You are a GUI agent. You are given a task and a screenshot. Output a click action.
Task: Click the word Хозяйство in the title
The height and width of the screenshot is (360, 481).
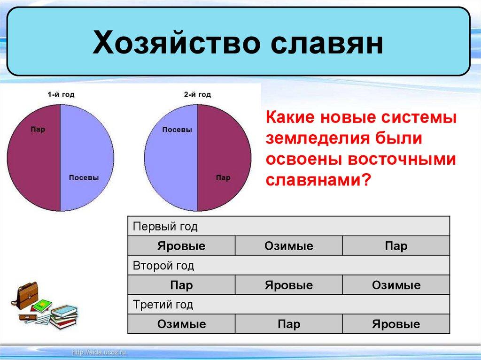[176, 42]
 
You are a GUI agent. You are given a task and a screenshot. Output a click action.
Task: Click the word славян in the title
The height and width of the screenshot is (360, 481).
[327, 42]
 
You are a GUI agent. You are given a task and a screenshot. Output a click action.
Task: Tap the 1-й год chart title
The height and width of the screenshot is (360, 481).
[61, 95]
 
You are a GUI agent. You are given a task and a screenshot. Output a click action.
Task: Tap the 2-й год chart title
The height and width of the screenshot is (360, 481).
[197, 95]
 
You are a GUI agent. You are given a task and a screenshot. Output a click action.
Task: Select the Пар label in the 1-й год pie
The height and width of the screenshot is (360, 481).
[38, 130]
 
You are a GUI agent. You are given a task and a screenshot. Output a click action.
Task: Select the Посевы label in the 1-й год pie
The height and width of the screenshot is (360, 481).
[84, 177]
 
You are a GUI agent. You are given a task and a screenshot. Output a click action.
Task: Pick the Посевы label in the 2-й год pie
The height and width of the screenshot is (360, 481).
[177, 130]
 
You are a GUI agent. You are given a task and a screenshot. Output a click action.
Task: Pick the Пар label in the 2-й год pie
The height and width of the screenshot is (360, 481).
[223, 178]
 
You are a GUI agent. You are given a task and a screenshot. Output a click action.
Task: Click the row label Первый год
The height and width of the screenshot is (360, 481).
[165, 227]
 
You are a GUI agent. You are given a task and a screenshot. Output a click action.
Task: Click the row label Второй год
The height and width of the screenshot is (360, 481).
[163, 266]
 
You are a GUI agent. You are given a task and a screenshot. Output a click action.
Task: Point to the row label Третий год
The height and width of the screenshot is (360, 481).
[163, 305]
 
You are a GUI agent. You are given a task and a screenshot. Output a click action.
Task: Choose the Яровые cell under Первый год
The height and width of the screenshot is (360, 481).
[181, 246]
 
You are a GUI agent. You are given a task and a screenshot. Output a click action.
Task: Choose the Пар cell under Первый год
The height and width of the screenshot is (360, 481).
[396, 246]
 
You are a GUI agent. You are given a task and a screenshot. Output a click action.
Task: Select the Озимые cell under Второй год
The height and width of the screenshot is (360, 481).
[396, 285]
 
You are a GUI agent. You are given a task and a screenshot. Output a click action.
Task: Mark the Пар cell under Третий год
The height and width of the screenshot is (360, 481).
[289, 324]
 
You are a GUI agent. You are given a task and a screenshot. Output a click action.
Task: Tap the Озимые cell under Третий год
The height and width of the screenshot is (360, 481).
[181, 324]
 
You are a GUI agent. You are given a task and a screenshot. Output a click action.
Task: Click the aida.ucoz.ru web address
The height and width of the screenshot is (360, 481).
[99, 352]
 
